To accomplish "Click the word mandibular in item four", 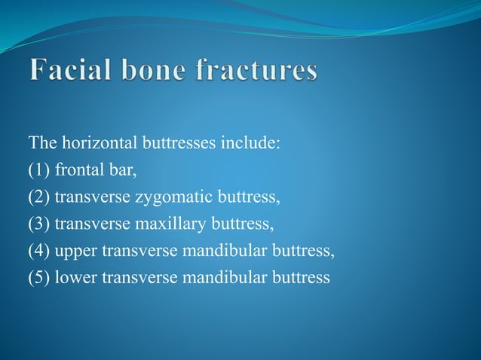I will coord(225,251).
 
